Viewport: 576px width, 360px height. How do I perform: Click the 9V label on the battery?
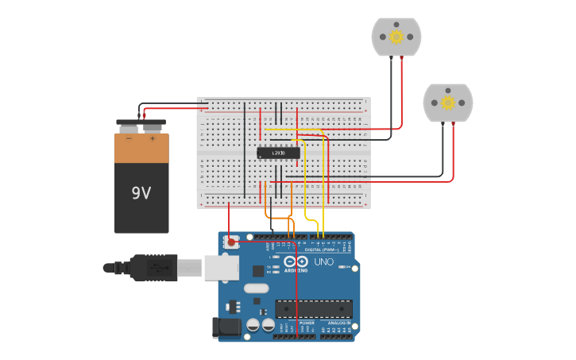pos(141,193)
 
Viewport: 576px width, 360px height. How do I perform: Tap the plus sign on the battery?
pos(153,138)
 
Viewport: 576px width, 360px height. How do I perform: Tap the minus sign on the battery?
pos(130,138)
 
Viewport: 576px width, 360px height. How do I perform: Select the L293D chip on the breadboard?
pos(278,153)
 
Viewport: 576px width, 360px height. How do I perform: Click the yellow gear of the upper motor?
pos(396,36)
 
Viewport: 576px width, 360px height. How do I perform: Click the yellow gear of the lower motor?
pos(447,103)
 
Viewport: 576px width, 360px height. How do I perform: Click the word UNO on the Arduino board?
pos(324,261)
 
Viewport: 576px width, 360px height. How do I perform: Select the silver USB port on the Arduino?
pos(222,268)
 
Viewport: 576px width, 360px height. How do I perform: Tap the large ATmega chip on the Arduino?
pos(313,308)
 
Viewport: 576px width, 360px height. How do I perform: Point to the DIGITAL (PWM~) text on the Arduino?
pos(322,249)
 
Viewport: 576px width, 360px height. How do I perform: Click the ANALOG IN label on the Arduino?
pos(338,323)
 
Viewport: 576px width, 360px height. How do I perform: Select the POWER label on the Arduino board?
pos(307,323)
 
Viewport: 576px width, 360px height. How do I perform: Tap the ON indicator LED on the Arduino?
pos(343,267)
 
